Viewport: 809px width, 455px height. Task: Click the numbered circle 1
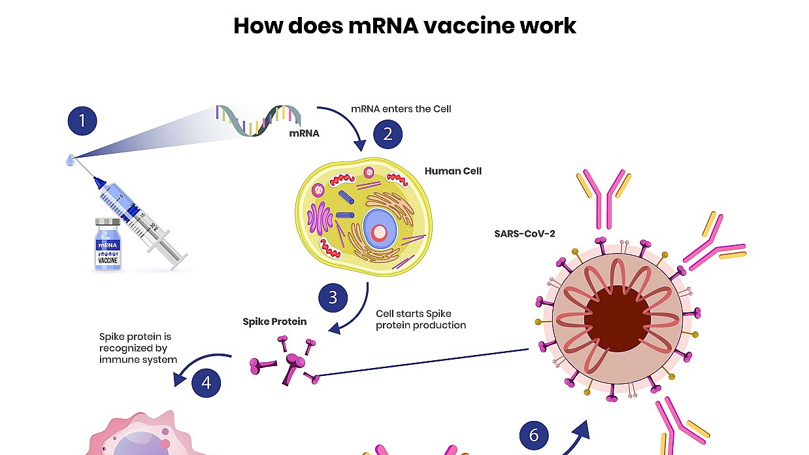tap(82, 121)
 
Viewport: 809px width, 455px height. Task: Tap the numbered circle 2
tap(388, 134)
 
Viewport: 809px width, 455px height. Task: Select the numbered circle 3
tap(333, 297)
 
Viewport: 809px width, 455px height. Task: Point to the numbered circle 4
tap(206, 382)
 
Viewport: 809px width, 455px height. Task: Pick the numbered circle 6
tap(534, 435)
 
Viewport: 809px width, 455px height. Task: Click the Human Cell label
tap(453, 171)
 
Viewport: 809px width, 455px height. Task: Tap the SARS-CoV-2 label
tap(525, 233)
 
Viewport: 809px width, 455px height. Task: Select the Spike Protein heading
tap(274, 322)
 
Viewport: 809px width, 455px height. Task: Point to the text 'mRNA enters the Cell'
tap(401, 109)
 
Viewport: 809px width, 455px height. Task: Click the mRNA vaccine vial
tap(108, 245)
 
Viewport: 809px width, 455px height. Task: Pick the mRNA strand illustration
tap(258, 118)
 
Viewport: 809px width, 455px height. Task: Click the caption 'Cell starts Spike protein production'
tap(421, 320)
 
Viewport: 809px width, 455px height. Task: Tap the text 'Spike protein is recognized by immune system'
tap(138, 348)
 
